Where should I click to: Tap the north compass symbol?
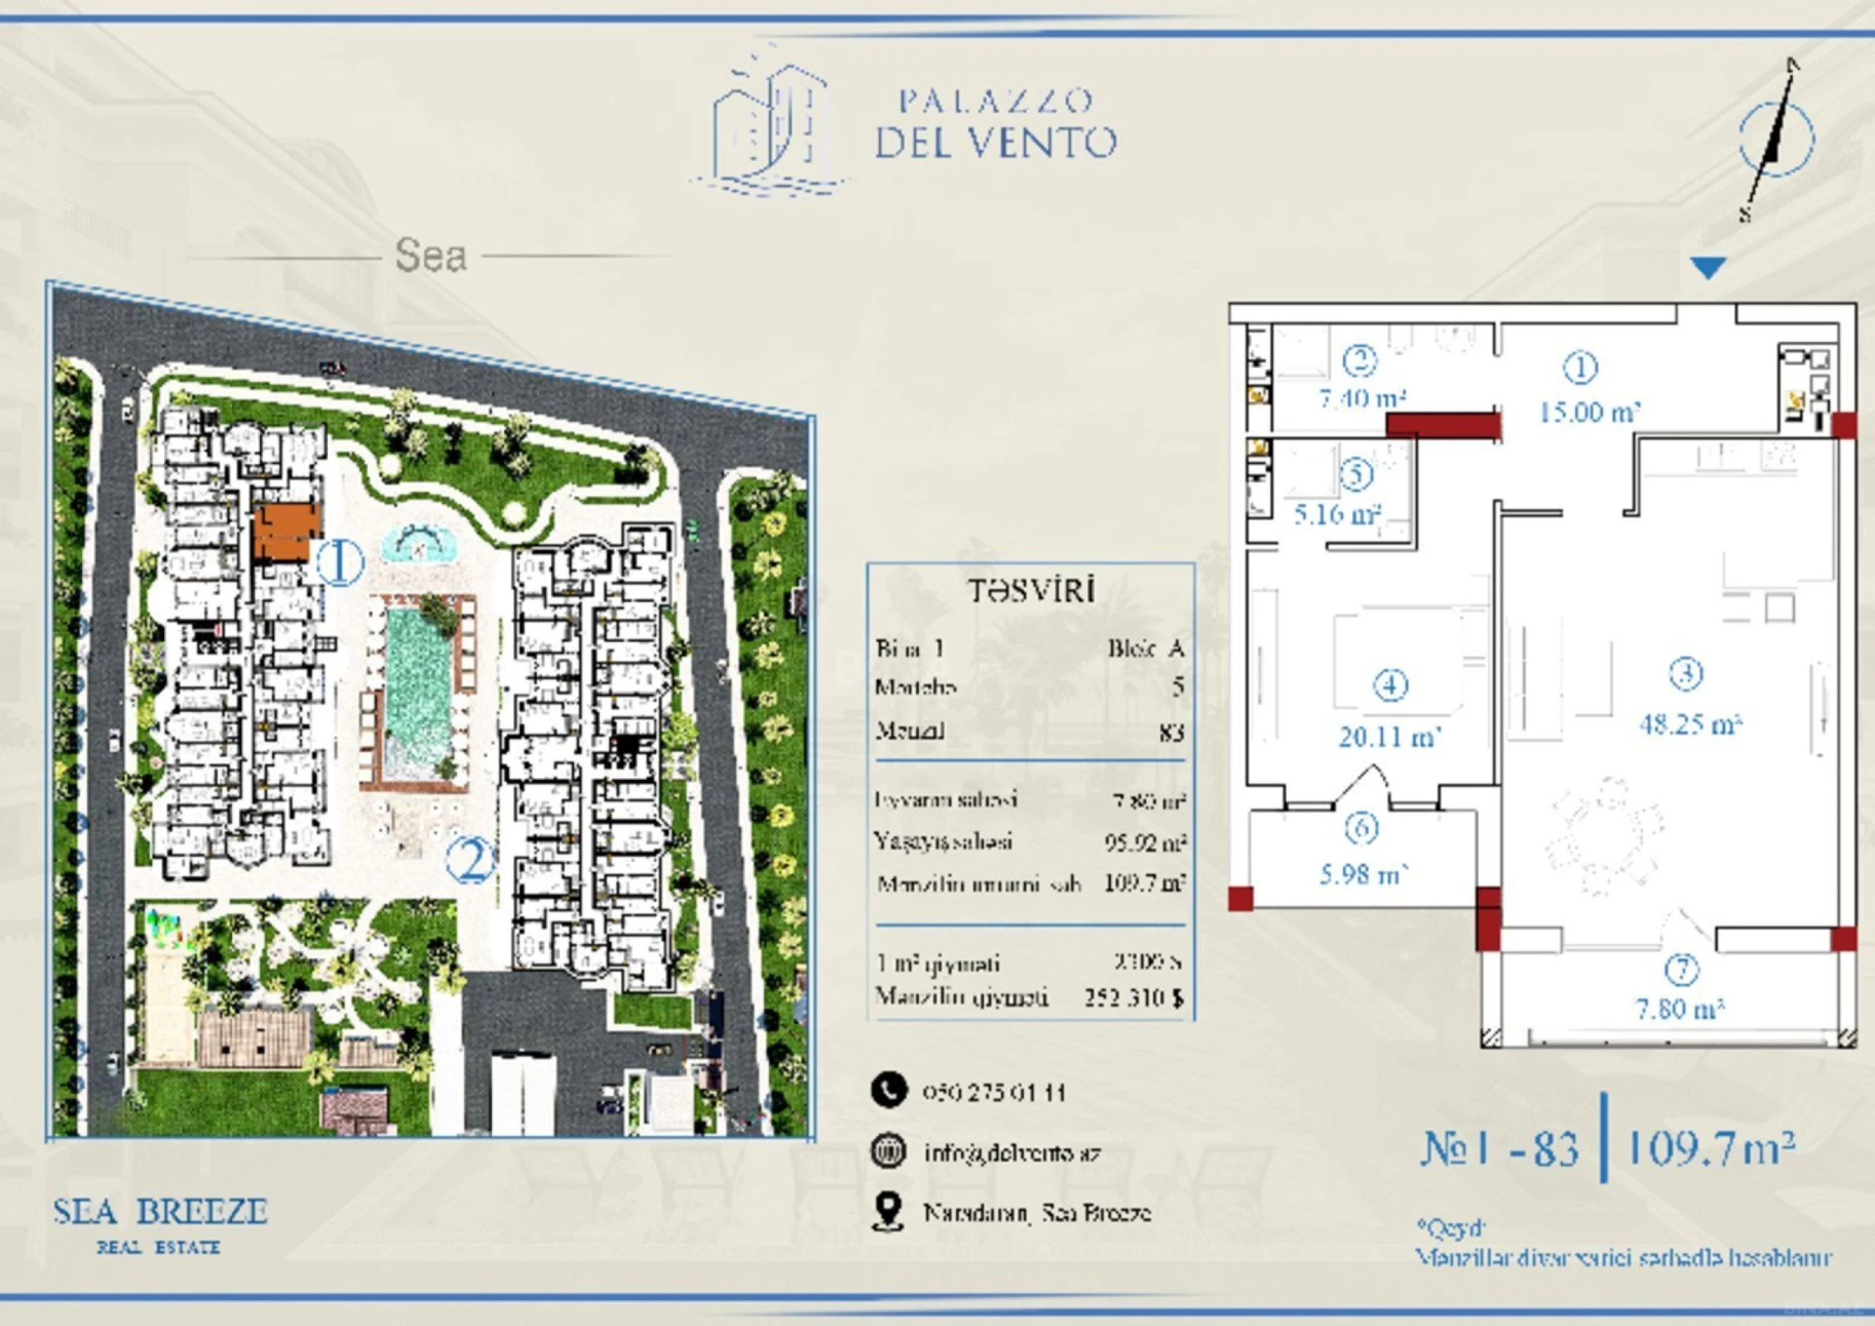1776,139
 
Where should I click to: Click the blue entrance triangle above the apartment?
1708,267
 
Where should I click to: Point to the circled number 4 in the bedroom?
1390,685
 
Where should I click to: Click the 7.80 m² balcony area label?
1680,1009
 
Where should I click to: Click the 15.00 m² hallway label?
1589,412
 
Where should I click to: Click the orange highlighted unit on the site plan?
286,533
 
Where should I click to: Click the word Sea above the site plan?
431,255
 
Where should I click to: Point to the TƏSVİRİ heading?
1032,590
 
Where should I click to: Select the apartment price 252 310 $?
1133,998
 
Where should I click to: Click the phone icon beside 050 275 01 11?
888,1091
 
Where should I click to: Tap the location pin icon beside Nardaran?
887,1212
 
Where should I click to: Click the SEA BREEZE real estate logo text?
160,1212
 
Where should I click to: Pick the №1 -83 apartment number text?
1500,1149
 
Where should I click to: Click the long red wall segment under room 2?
1442,425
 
